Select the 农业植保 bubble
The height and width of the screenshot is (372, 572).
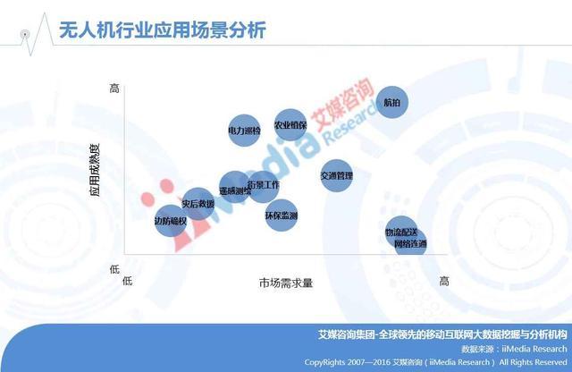click(290, 125)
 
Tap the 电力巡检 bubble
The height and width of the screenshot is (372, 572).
click(244, 131)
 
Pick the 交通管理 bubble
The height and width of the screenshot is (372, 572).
click(337, 175)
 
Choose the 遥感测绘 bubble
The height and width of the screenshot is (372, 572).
click(235, 190)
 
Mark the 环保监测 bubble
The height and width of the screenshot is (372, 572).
click(282, 216)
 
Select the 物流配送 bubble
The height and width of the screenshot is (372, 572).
click(401, 232)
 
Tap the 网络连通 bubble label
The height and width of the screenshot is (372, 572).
click(410, 243)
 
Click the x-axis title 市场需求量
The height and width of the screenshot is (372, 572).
click(285, 283)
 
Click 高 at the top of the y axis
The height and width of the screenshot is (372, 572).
click(114, 88)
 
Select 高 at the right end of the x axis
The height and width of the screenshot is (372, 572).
click(443, 281)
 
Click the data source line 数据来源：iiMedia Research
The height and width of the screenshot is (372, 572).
click(513, 349)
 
